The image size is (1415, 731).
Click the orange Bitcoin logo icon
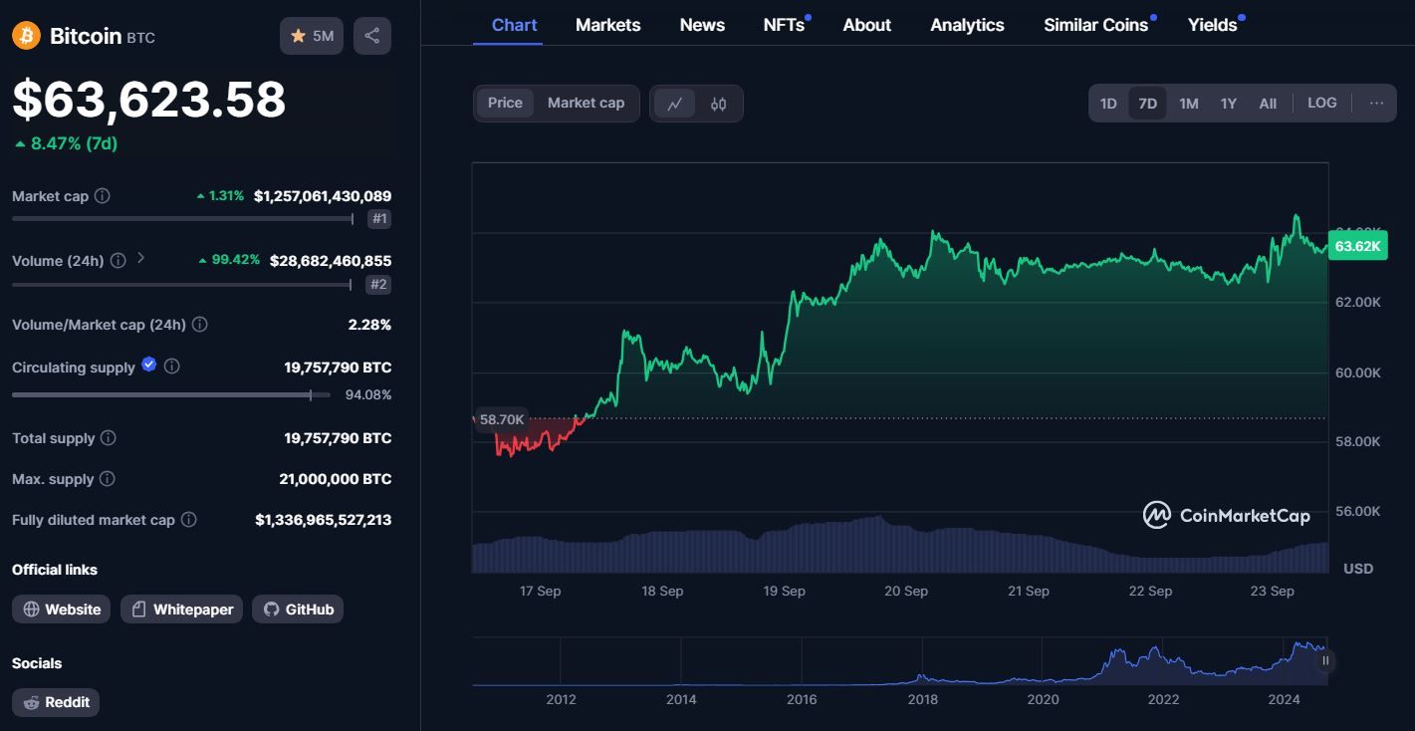tap(26, 36)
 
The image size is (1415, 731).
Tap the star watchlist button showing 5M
tap(312, 36)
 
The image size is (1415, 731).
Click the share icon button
tap(372, 36)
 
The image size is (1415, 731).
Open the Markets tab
tap(607, 25)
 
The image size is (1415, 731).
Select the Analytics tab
tap(967, 25)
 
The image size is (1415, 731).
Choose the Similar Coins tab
tap(1095, 25)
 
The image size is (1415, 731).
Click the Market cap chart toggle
tap(586, 103)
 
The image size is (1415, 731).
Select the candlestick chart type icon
tap(718, 104)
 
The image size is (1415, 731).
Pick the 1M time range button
tap(1188, 103)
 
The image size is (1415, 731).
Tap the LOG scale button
tap(1321, 103)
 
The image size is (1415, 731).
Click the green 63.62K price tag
tap(1357, 246)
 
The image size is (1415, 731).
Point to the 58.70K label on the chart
tap(502, 419)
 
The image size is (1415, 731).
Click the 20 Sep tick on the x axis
tap(906, 591)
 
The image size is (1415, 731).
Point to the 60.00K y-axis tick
tap(1357, 372)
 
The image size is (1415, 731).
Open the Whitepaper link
tap(182, 609)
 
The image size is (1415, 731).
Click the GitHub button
tap(298, 609)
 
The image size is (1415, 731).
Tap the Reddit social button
tap(56, 702)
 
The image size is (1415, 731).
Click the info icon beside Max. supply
tap(108, 479)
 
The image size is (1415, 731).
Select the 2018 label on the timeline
tap(923, 699)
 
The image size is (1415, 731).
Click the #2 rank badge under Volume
tap(378, 284)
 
